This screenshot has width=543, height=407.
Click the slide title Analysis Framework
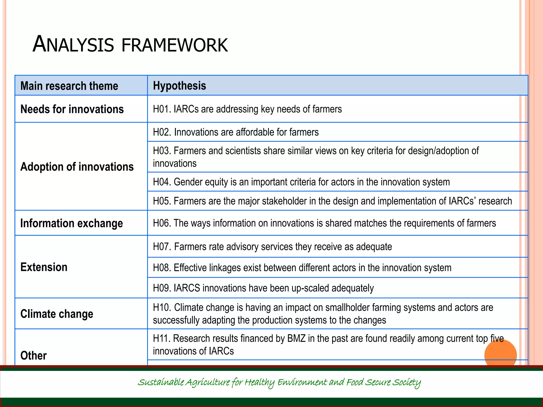[130, 44]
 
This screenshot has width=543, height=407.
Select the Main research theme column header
[69, 86]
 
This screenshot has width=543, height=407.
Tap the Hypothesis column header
[179, 86]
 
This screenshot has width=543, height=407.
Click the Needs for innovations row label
[72, 109]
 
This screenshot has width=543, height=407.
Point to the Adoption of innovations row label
[77, 167]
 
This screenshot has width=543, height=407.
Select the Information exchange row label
[72, 223]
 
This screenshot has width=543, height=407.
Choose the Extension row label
[44, 267]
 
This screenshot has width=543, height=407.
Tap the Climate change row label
[57, 314]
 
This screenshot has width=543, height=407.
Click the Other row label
[33, 355]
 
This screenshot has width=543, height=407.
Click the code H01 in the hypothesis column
[161, 109]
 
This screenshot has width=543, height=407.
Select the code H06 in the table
[161, 223]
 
